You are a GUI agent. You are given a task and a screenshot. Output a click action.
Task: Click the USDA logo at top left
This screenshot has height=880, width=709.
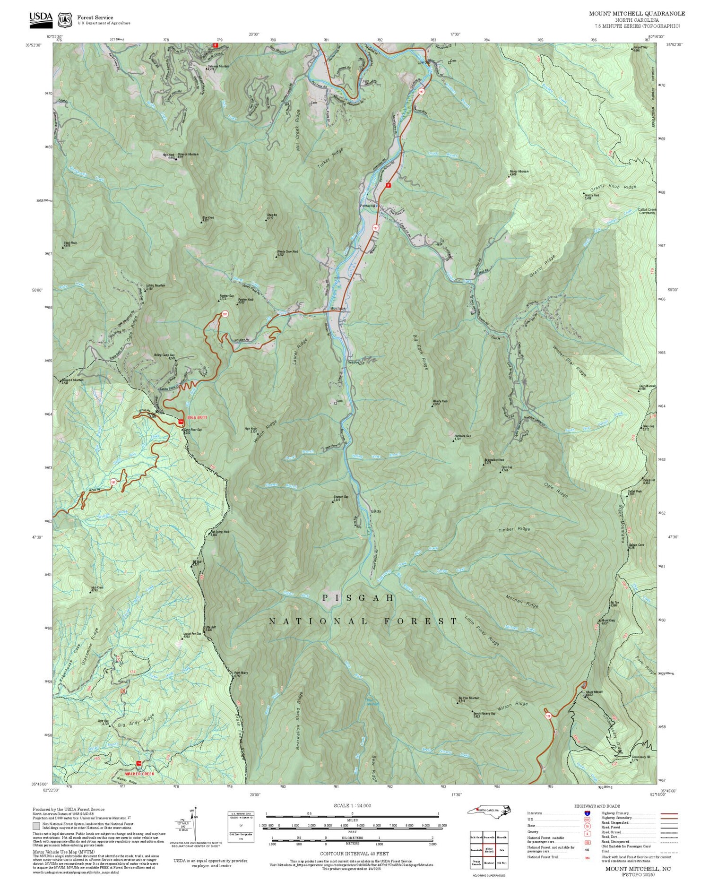pos(41,18)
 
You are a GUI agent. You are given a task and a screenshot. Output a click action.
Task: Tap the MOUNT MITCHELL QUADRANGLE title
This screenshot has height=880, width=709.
pos(637,14)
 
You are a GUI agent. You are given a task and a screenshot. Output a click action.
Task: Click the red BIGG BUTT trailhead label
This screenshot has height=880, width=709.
pos(197,417)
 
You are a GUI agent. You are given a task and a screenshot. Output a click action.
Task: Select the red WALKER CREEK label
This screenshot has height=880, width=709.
pos(136,774)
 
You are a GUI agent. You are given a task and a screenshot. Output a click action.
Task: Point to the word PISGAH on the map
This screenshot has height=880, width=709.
pos(358,598)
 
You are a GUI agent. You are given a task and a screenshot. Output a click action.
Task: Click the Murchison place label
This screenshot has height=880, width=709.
pos(337,309)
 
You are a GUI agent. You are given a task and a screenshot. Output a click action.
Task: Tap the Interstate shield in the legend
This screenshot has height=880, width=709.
pos(587,813)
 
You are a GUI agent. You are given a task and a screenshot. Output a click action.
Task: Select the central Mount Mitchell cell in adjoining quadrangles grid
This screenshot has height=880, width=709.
pos(489,849)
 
